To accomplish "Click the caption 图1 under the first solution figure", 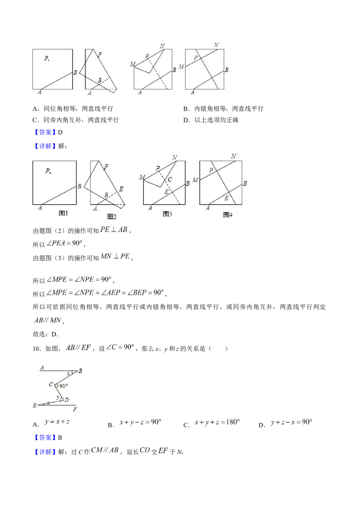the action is pos(63,213).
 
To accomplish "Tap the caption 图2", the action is pos(112,217).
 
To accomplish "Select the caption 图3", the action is pos(167,214).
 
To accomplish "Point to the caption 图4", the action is pos(228,215).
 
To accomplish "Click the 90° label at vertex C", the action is pos(64,386).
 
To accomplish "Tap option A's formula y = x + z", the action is pos(57,422).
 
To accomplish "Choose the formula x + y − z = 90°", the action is pos(140,422).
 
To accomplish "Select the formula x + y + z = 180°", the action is pos(217,422).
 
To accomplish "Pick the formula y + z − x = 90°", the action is pos(292,422).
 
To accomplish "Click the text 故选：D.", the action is pos(45,334).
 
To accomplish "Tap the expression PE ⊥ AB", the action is pos(114,229).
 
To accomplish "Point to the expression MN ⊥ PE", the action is pos(115,256).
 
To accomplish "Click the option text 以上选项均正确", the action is pos(216,120).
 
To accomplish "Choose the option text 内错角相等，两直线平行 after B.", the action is pos(229,109).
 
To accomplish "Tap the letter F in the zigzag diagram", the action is pos(75,409).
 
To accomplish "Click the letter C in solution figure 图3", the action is pos(170,179).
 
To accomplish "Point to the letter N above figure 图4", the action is pos(233,156).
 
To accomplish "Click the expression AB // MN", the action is pos(48,321).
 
